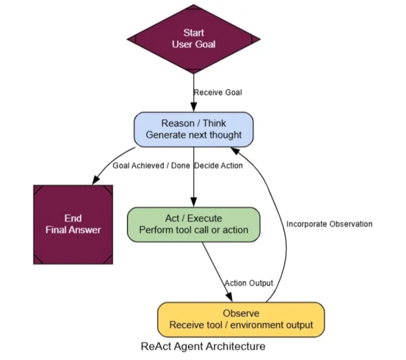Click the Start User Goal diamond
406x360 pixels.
click(x=194, y=38)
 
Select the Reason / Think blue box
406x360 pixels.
click(x=194, y=129)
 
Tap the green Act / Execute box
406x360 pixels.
click(x=194, y=224)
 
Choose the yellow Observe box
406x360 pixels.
click(x=241, y=319)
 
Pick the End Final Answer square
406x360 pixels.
click(x=73, y=224)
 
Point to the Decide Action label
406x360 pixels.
click(x=219, y=166)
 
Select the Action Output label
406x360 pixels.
click(x=248, y=283)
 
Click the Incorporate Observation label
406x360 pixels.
click(x=329, y=224)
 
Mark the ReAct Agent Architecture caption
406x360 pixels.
click(x=203, y=345)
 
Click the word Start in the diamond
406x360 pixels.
click(x=194, y=33)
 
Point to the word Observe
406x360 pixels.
click(x=241, y=314)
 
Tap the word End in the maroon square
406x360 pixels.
click(x=73, y=218)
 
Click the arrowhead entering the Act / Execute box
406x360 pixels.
click(x=194, y=203)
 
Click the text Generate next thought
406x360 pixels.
click(x=194, y=135)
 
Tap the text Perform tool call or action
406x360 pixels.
click(x=194, y=230)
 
